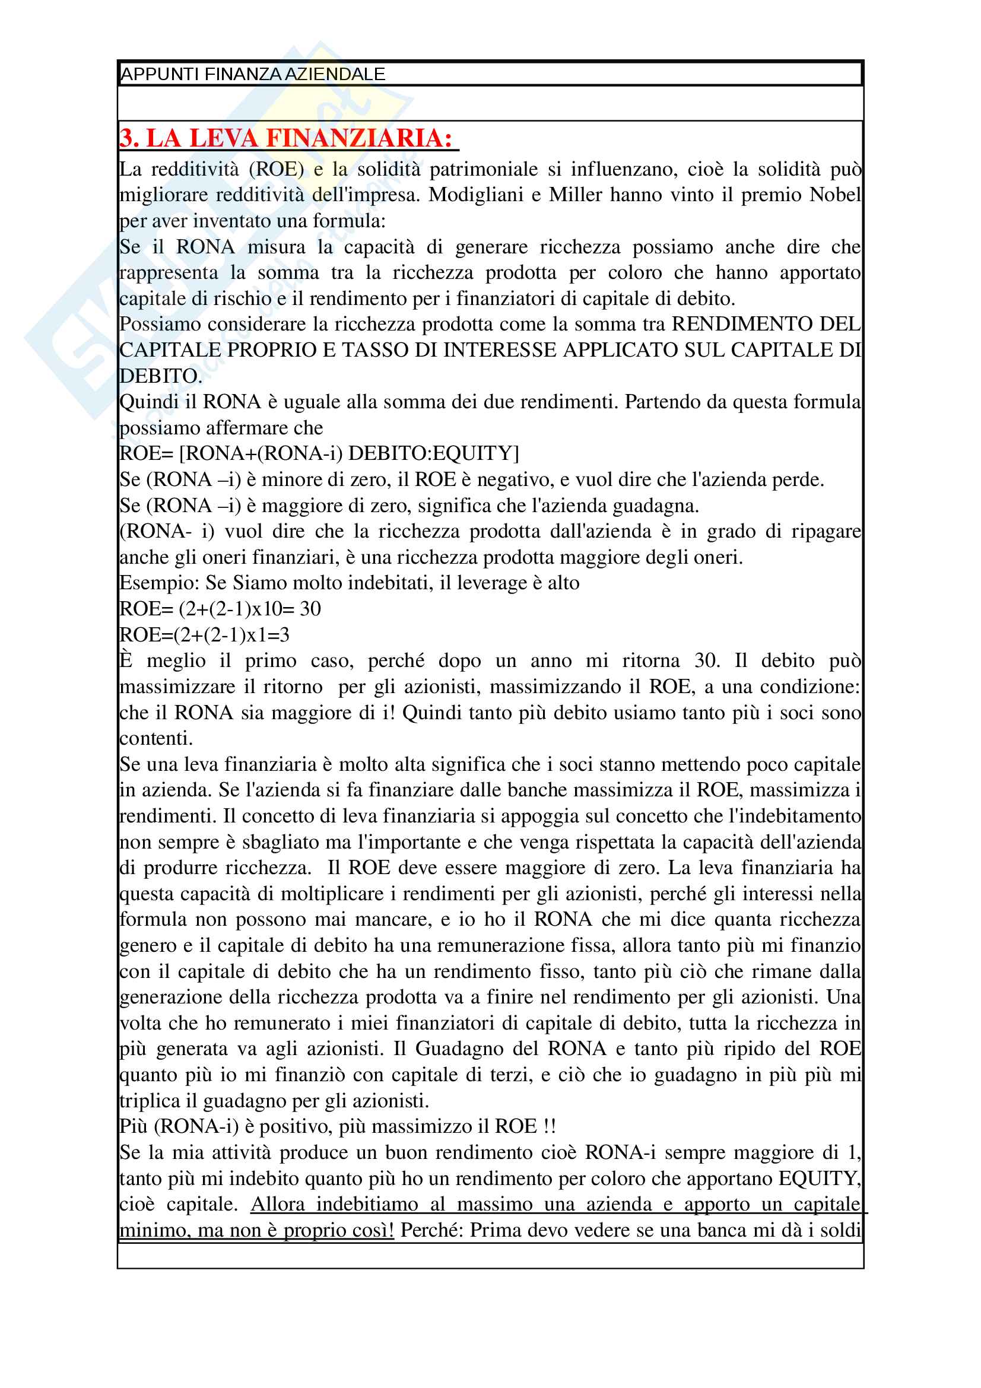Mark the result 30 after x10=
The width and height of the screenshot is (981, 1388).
tap(310, 609)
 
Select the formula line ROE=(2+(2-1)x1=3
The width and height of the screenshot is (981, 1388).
tap(204, 635)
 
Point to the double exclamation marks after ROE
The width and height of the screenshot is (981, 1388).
tap(548, 1127)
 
